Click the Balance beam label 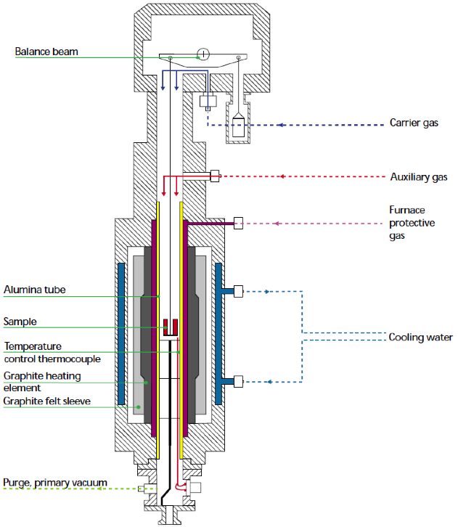46,52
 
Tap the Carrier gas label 414,123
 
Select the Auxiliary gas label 419,176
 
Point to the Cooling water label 420,338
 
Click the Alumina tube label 34,290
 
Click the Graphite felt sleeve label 47,401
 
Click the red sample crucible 171,327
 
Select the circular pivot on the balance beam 203,54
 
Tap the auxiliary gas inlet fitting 215,176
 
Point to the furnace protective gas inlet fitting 238,224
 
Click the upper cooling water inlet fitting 238,292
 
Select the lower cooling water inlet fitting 238,381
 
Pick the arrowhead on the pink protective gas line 279,224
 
